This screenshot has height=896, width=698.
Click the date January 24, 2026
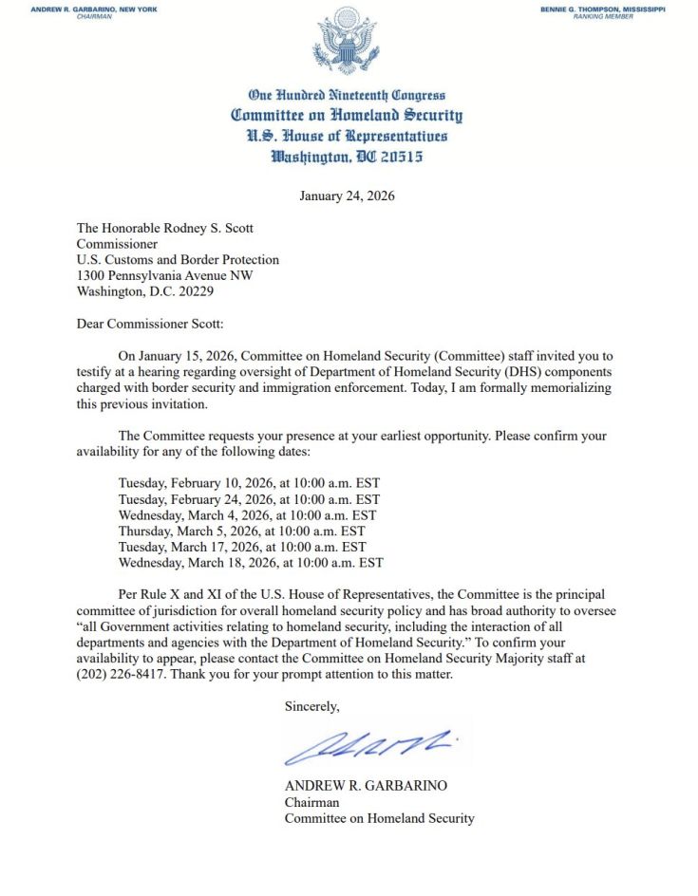[346, 196]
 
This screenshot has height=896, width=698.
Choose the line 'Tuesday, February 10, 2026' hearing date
[249, 483]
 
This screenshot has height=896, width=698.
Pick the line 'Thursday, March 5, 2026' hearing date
[241, 532]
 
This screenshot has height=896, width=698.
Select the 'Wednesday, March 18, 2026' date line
[251, 563]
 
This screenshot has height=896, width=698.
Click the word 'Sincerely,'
[311, 706]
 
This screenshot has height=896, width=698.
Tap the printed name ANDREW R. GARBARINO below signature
[366, 786]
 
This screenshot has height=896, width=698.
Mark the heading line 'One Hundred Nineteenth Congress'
[346, 95]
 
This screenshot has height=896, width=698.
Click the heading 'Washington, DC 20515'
[346, 157]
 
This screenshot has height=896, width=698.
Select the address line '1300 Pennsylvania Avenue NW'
[165, 275]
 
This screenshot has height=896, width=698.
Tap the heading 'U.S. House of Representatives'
[346, 136]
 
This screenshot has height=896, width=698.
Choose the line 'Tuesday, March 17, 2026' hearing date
[242, 547]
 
